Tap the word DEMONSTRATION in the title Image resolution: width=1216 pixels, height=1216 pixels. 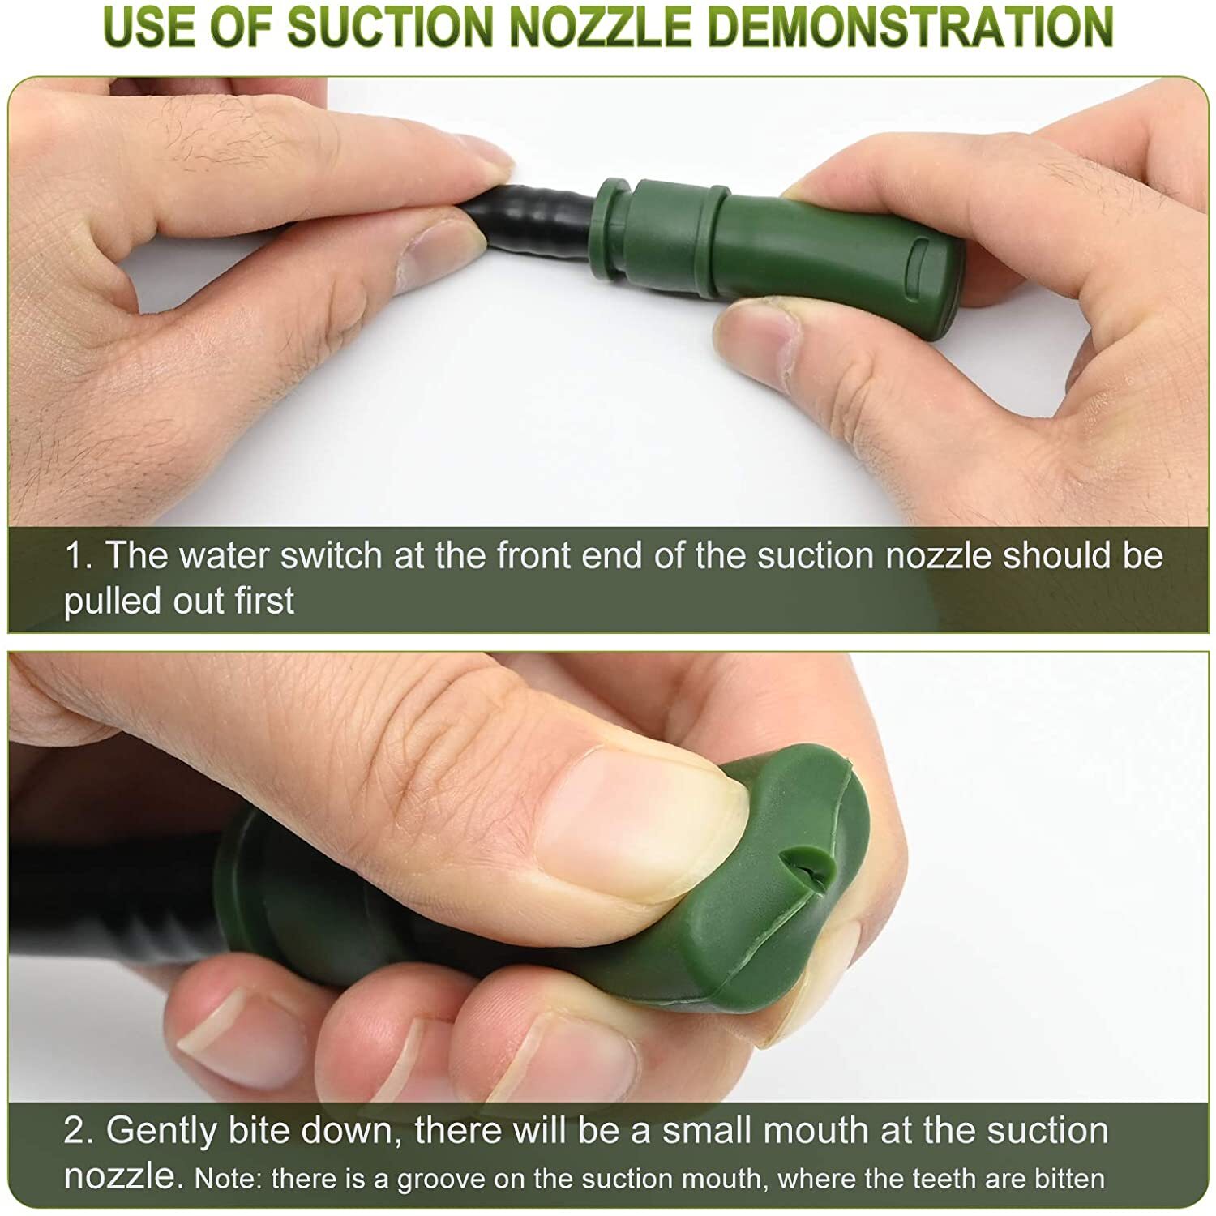915,26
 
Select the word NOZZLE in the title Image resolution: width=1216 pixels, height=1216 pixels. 606,26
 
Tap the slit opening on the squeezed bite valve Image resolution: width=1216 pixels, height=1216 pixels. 811,870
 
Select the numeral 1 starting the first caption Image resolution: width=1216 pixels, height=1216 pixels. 79,556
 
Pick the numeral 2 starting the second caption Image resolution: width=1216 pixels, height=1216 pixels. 79,1130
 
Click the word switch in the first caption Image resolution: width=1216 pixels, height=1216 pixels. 332,555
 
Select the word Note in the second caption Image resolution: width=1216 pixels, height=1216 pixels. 228,1179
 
